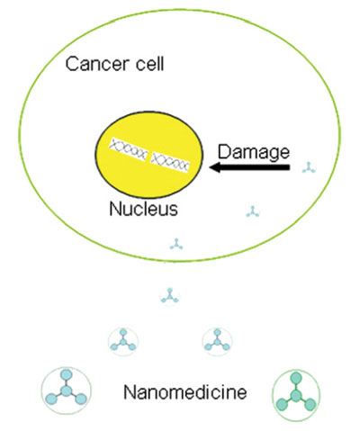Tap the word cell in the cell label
click(150, 64)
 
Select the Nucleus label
click(143, 209)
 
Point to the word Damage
click(254, 152)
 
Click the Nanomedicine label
click(185, 392)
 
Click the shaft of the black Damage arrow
click(255, 167)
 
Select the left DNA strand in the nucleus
click(128, 149)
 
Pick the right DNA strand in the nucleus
click(170, 162)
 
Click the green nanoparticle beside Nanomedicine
click(296, 395)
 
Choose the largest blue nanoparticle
click(66, 391)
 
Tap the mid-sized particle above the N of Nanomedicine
click(123, 341)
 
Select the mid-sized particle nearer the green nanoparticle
click(217, 341)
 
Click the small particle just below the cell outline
click(170, 297)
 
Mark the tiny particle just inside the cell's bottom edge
click(176, 244)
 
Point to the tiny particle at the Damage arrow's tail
click(309, 167)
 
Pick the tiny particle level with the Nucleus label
click(253, 211)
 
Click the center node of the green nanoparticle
click(296, 396)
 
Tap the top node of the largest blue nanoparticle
click(66, 375)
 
